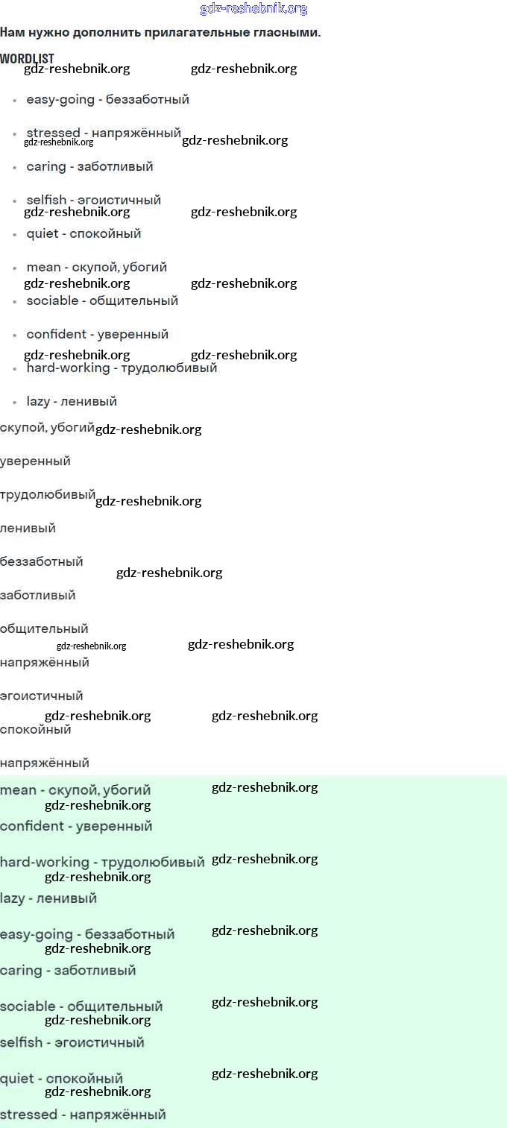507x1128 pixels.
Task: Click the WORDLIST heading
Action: point(27,58)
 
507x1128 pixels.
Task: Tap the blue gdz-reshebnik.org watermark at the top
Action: point(253,9)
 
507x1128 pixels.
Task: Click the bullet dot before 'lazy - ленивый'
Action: point(14,402)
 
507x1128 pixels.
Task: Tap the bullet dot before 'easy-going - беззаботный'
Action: point(14,100)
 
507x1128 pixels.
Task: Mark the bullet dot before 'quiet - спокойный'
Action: point(14,234)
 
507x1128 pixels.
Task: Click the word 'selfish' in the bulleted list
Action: point(46,200)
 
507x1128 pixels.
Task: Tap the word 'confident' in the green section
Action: point(32,826)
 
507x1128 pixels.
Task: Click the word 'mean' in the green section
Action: point(18,790)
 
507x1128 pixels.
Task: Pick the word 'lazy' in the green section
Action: point(13,898)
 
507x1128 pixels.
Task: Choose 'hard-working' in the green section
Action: point(45,863)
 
